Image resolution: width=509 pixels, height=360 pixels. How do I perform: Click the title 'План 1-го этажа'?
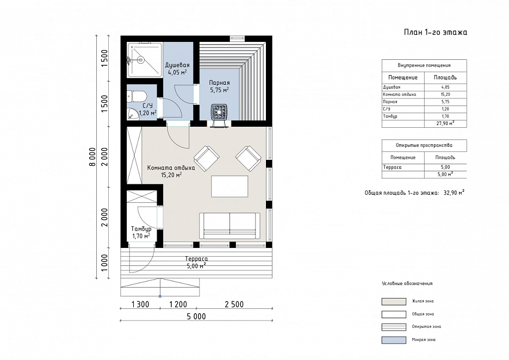(x=435, y=32)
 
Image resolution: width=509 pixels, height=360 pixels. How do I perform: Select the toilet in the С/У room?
(x=138, y=96)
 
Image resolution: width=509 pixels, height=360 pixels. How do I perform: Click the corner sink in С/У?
(x=133, y=114)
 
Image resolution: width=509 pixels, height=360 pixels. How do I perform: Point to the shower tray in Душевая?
(x=145, y=60)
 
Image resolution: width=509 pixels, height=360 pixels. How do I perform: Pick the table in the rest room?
(x=229, y=187)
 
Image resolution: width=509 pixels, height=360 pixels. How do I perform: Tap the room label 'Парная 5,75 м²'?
(x=220, y=86)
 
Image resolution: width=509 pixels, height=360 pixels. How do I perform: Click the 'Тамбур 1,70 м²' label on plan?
(x=141, y=232)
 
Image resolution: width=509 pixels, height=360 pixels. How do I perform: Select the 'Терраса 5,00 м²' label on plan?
(x=196, y=263)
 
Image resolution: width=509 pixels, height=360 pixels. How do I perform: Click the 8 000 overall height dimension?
(x=93, y=157)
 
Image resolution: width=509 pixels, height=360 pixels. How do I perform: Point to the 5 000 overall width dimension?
(x=196, y=316)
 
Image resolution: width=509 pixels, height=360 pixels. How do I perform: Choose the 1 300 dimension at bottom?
(x=140, y=304)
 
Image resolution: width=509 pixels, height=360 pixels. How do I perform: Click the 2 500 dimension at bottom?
(x=234, y=304)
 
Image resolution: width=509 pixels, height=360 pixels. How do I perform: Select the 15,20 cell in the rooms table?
(x=445, y=95)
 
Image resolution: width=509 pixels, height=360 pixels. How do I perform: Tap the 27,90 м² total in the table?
(x=445, y=123)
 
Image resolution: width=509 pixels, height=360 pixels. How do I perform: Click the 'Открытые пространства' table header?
(x=424, y=145)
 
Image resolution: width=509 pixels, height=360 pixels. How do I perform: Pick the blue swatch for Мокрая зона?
(x=394, y=340)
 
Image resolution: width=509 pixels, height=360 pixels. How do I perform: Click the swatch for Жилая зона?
(x=394, y=301)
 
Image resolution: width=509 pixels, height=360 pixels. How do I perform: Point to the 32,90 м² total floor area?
(x=454, y=193)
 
